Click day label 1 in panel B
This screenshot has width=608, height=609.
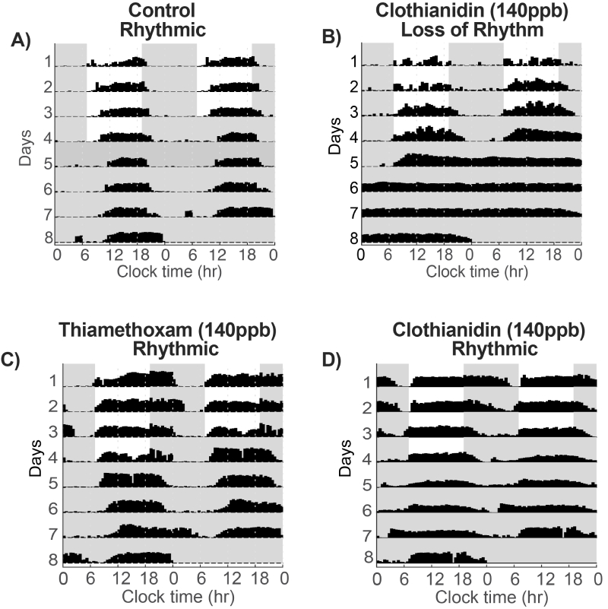pos(353,61)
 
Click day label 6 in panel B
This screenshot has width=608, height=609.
pos(353,187)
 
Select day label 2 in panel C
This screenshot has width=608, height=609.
pos(49,407)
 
